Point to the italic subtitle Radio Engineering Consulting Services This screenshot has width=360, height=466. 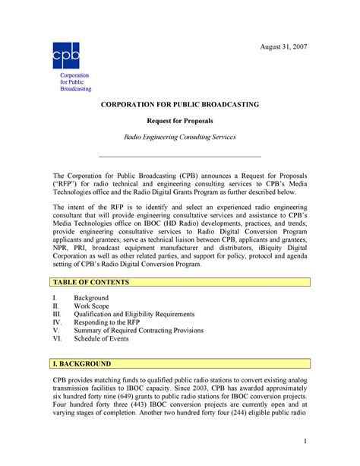pos(180,137)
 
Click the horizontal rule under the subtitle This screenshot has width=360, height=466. pos(180,156)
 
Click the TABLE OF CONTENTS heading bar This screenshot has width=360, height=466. pos(182,282)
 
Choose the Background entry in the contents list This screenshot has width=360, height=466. pos(92,301)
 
